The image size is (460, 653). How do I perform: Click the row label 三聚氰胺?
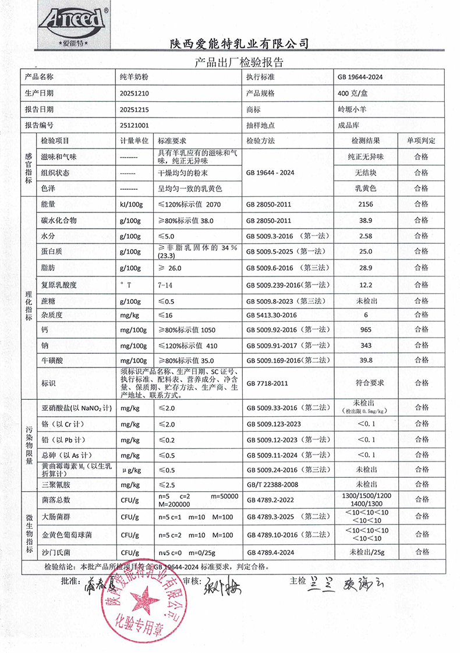click(56, 484)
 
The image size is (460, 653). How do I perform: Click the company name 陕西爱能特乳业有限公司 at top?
click(239, 44)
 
